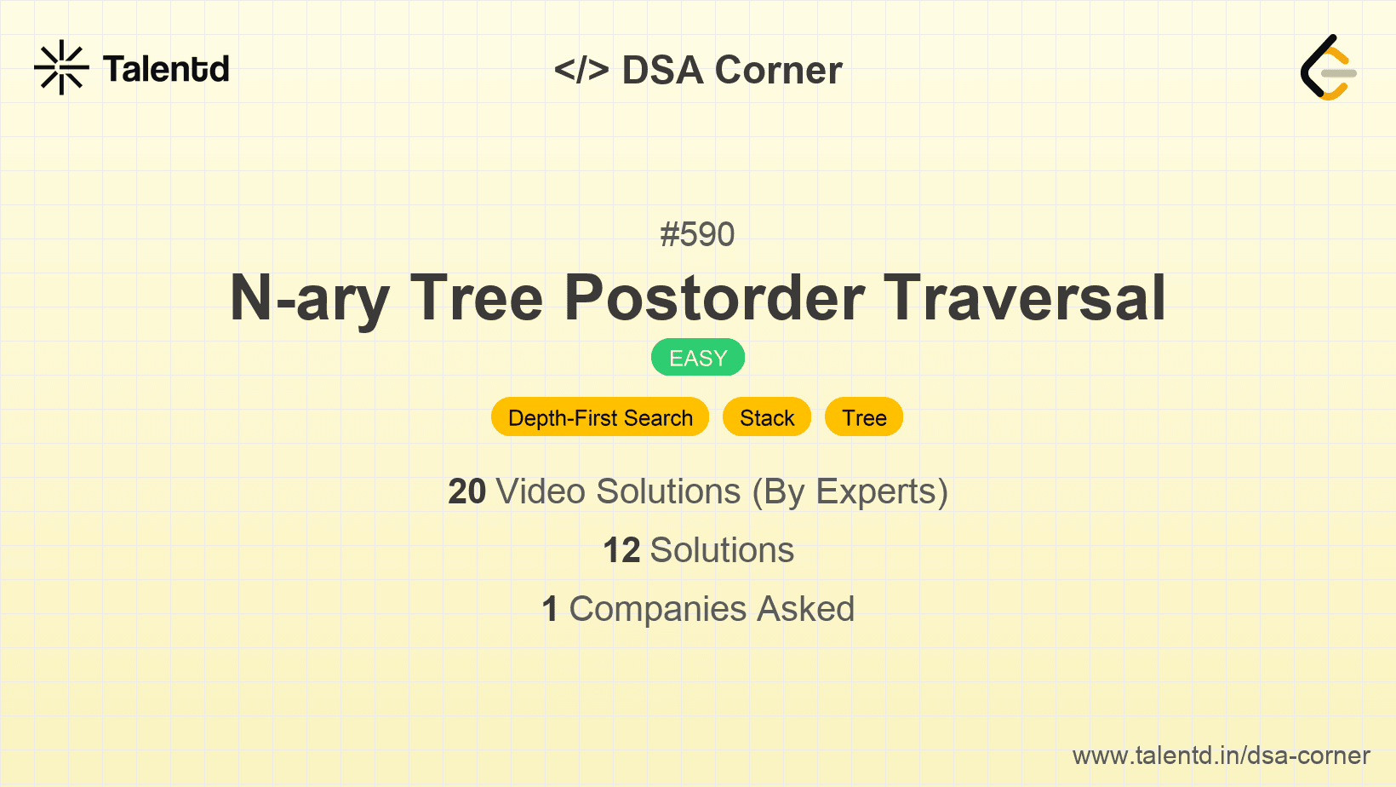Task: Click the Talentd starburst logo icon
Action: [61, 67]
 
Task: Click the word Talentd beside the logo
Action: [166, 69]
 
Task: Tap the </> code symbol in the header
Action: [581, 69]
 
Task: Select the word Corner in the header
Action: [778, 70]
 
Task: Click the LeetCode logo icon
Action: [1328, 67]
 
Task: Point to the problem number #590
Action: [697, 234]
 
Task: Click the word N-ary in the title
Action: [310, 298]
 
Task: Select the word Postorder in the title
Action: [714, 298]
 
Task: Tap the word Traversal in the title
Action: [1025, 298]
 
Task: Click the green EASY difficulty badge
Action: [698, 358]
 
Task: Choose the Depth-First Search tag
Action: [600, 417]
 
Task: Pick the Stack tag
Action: [767, 417]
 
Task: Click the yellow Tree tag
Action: [864, 417]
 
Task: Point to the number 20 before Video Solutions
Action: [466, 491]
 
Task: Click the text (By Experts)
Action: [850, 492]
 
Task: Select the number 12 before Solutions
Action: [621, 550]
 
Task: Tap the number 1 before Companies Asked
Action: [550, 609]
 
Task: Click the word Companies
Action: [658, 609]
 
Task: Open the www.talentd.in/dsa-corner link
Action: [1221, 755]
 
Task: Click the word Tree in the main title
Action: [476, 298]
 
